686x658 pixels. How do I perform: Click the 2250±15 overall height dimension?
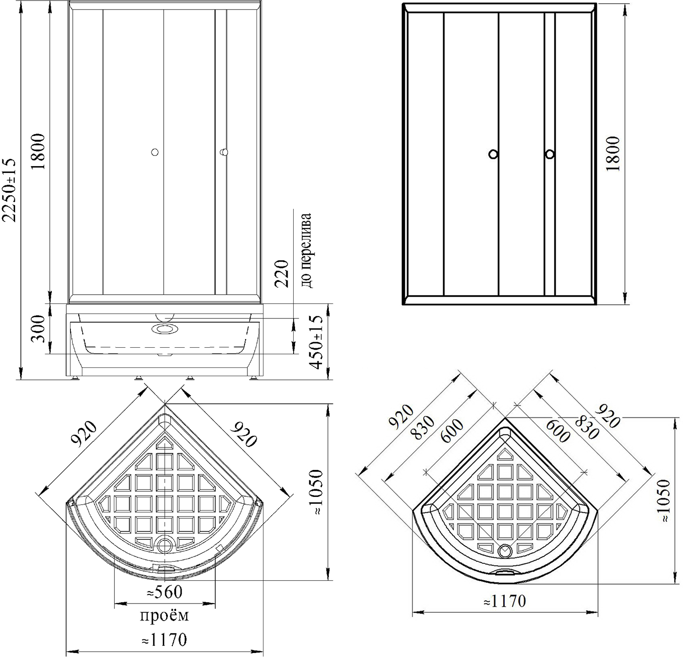9,190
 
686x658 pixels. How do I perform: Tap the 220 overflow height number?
282,273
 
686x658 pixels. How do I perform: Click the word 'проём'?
164,616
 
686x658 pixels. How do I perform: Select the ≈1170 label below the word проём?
164,639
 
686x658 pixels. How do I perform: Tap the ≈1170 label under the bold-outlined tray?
505,601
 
